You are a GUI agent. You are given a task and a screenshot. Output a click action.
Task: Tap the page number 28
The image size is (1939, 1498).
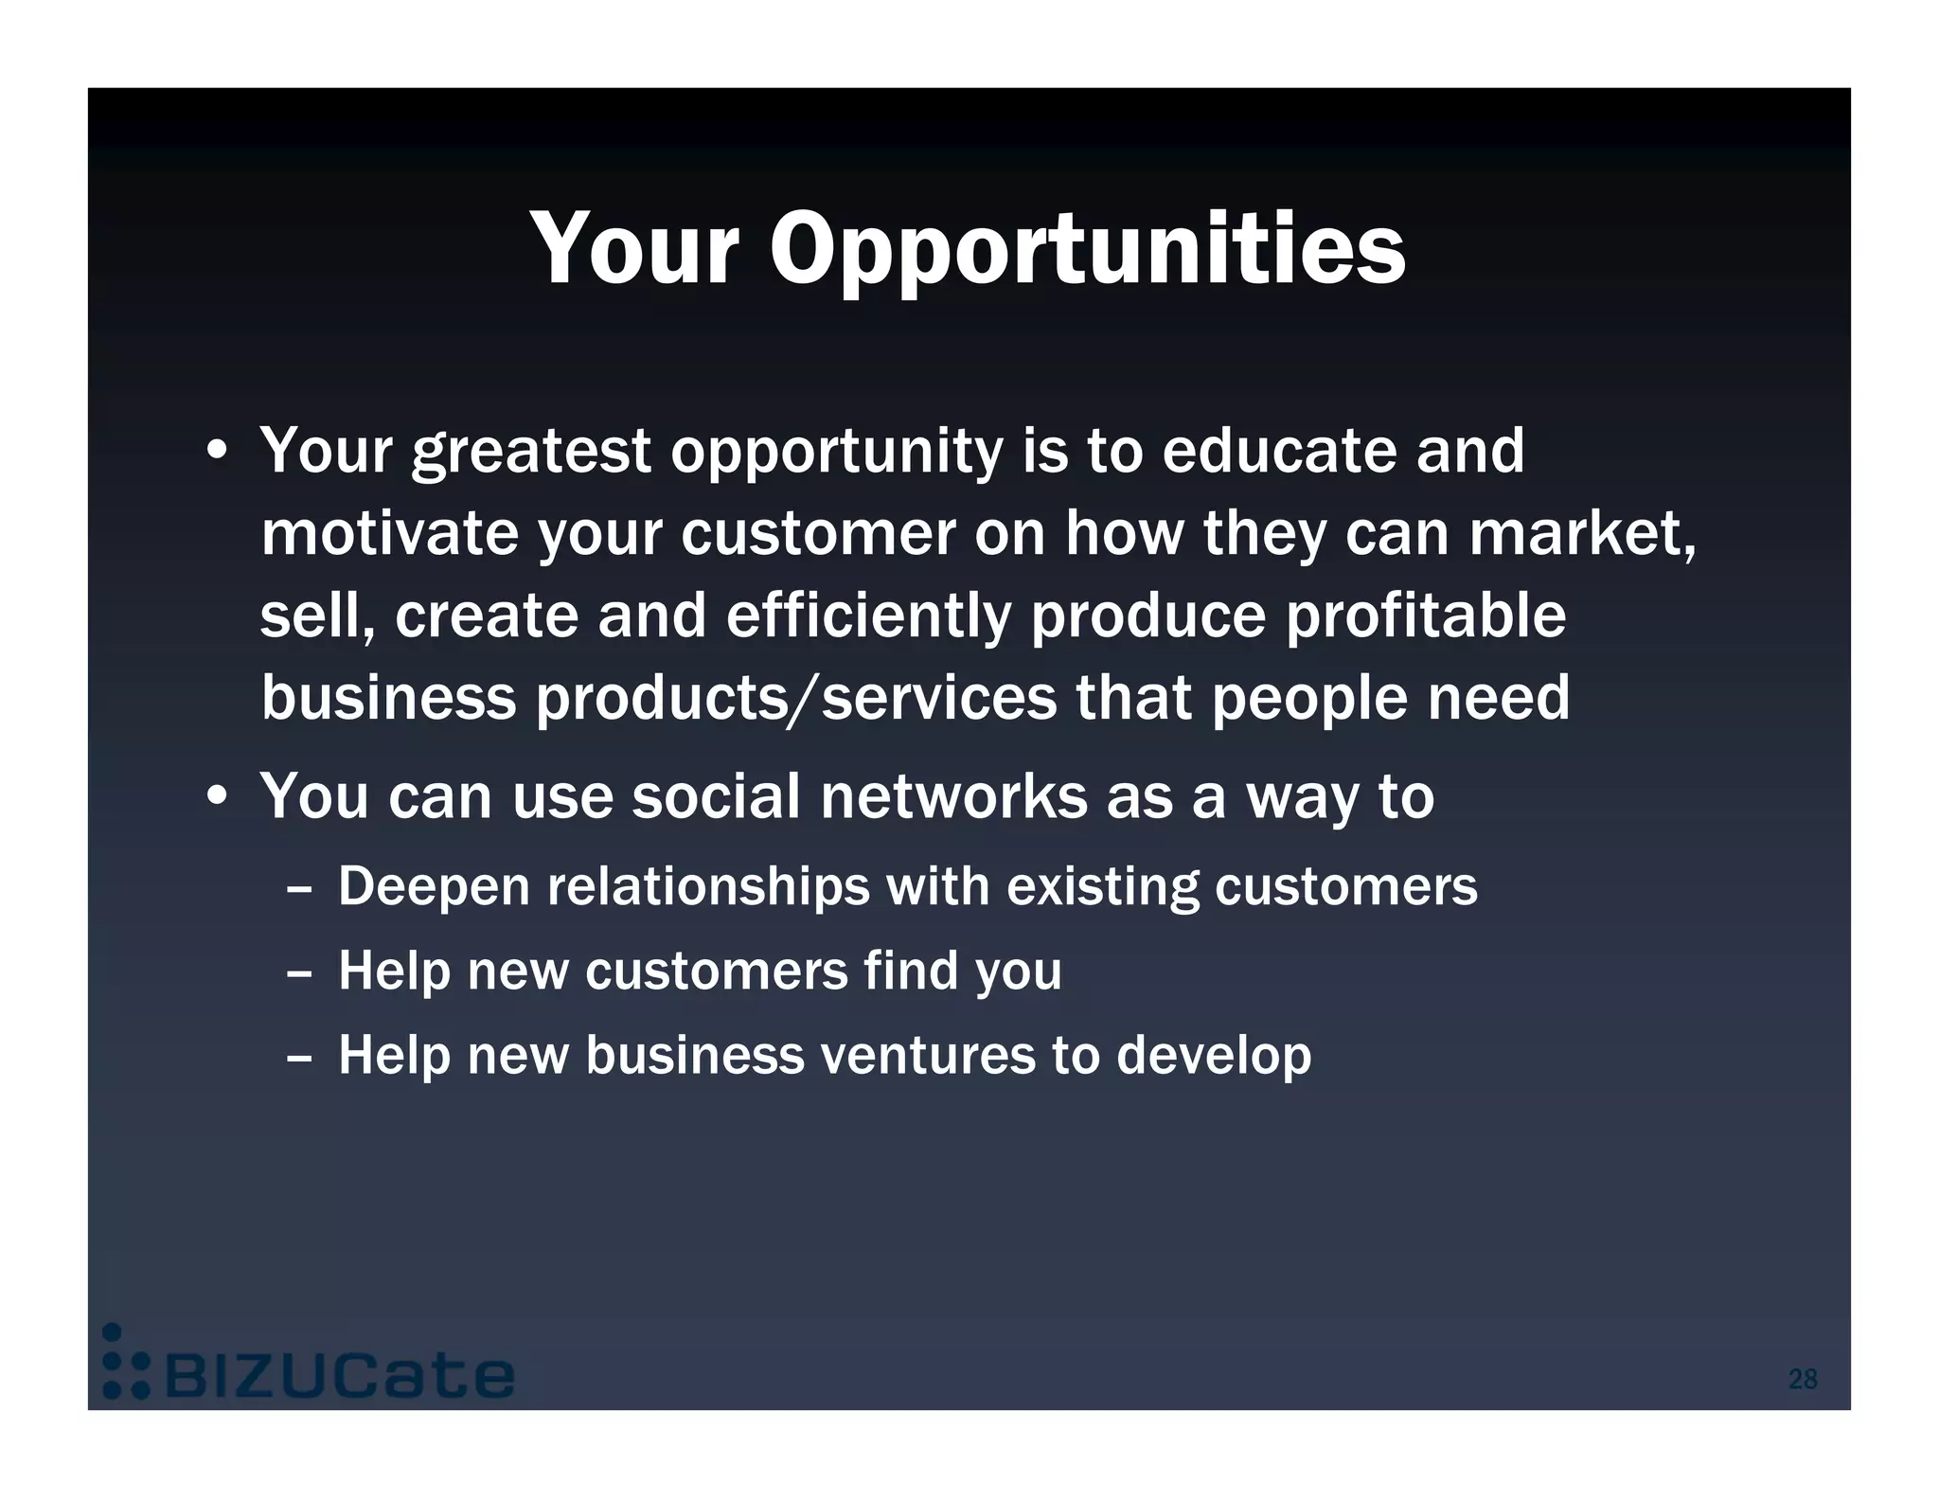(x=1802, y=1379)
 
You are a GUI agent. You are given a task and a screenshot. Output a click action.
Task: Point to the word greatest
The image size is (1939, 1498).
(x=531, y=452)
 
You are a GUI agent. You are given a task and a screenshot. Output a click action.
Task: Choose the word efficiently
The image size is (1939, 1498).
(x=868, y=615)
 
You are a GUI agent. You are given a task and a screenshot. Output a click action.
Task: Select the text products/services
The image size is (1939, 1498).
(x=796, y=698)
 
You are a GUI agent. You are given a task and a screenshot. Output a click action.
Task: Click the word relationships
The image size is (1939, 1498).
(x=707, y=888)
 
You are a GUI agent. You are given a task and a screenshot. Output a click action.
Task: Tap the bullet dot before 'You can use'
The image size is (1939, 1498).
(x=218, y=796)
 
